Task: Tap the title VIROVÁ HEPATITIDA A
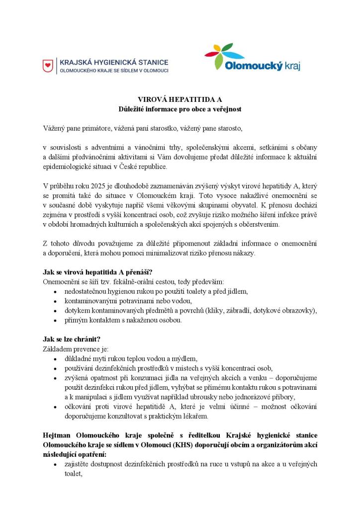pos(180,99)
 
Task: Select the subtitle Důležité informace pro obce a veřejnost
pos(180,108)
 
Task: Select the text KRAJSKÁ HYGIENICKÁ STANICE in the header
pos(114,63)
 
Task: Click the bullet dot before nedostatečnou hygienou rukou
pos(55,291)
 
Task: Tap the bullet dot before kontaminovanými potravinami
pos(55,301)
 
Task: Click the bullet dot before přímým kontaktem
pos(55,320)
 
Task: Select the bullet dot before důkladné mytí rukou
pos(55,358)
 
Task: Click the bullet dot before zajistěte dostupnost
pos(55,465)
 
